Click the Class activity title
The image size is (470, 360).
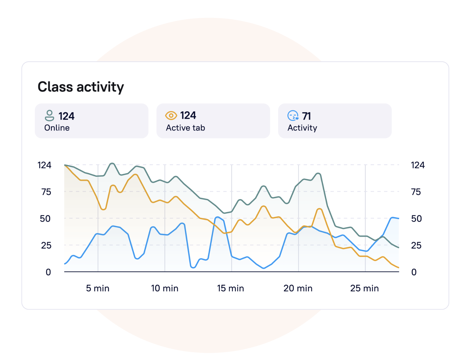coord(81,87)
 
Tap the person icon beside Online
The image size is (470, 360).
coord(49,116)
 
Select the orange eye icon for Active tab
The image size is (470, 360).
coord(171,115)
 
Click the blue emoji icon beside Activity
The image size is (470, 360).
coord(293,116)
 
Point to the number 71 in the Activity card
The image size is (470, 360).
coord(306,116)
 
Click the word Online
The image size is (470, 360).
coord(57,128)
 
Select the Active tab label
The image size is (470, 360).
coord(185,128)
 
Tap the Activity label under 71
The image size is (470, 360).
coord(302,128)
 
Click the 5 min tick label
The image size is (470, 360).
coord(98,288)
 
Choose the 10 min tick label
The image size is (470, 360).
coord(165,288)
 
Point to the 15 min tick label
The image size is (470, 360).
coord(231,288)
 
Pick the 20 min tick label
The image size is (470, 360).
coord(298,288)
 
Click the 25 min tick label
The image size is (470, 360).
coord(364,288)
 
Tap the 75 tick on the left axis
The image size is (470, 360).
coord(46,192)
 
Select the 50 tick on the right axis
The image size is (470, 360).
coord(416,219)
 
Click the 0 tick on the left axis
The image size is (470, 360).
coord(48,272)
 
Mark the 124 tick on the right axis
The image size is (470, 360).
coord(418,165)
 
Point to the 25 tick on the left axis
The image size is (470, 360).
coord(46,246)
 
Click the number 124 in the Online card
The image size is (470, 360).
coord(66,116)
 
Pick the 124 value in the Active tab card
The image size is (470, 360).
coord(188,116)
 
